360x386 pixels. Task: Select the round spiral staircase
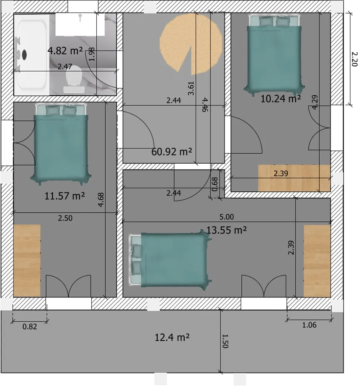coord(191,42)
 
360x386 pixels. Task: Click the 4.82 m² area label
coord(65,51)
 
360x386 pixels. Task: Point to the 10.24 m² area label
coord(281,99)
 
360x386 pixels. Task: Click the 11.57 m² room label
coord(65,196)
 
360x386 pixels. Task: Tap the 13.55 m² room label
coord(226,230)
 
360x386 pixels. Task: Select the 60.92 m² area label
coord(172,151)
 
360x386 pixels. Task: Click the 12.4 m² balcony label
coord(172,337)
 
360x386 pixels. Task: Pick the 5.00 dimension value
coord(226,217)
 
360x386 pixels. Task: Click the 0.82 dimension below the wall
coord(30,327)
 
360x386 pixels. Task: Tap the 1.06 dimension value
coord(309,325)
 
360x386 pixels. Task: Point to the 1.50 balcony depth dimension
coord(226,341)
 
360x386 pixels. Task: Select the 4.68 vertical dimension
coord(101,199)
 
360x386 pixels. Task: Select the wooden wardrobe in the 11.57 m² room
coord(27,260)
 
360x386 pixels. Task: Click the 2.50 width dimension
coord(65,218)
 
